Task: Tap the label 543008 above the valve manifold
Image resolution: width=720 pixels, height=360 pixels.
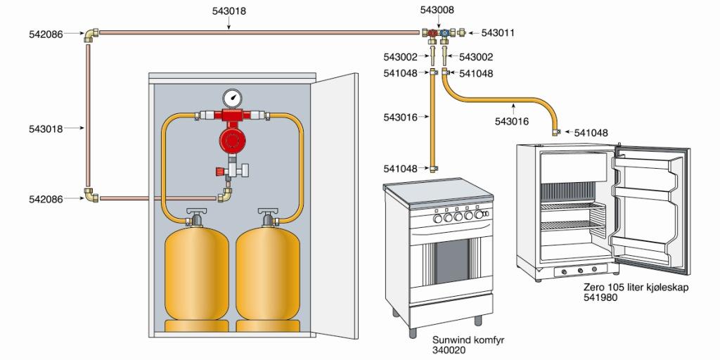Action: click(437, 11)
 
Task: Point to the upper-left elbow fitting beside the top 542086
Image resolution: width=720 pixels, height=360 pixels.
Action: click(92, 34)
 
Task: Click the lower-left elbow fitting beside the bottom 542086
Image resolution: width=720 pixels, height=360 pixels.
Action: click(92, 196)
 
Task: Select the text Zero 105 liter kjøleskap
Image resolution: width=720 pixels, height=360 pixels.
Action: click(629, 288)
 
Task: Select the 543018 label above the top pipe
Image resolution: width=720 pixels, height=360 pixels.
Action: click(229, 11)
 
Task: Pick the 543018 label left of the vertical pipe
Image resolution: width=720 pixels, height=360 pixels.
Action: click(47, 129)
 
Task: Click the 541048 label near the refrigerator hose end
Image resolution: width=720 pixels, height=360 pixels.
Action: click(591, 132)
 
